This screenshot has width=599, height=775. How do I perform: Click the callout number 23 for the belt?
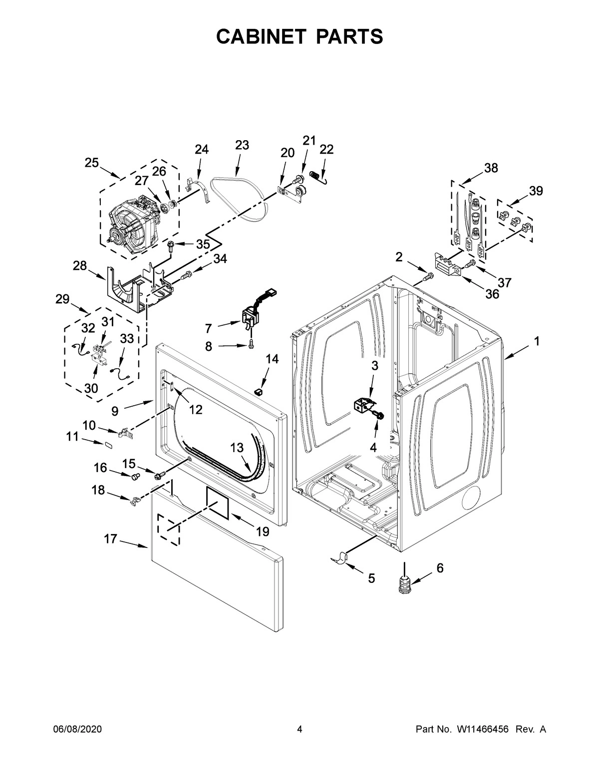pyautogui.click(x=242, y=145)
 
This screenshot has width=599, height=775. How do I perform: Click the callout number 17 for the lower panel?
pyautogui.click(x=111, y=539)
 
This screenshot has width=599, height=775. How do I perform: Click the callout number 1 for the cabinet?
pyautogui.click(x=537, y=341)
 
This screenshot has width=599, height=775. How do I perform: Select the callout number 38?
pyautogui.click(x=491, y=168)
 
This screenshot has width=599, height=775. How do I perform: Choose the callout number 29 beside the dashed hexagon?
pyautogui.click(x=62, y=299)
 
